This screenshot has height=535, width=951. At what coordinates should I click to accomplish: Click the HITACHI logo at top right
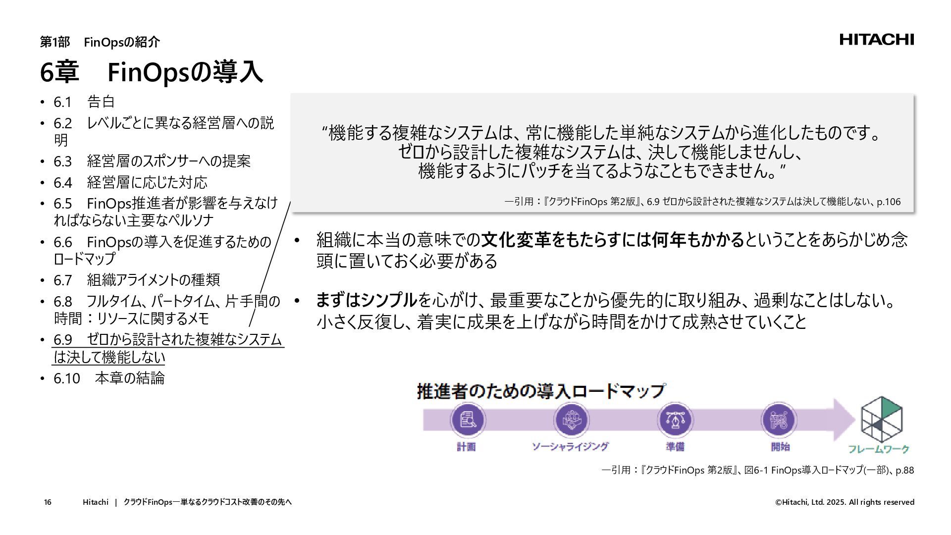click(876, 40)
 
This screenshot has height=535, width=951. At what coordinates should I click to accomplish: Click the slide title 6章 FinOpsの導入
click(151, 72)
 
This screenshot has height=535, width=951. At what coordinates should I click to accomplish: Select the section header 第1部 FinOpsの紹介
click(100, 42)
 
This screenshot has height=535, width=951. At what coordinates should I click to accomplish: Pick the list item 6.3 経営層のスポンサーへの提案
click(152, 161)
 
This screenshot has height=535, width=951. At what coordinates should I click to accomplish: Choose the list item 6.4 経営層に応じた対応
click(130, 182)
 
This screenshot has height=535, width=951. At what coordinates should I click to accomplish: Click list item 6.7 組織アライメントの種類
click(137, 280)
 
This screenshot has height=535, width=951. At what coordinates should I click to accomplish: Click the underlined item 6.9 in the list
click(167, 348)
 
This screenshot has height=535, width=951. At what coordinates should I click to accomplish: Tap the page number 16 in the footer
click(48, 502)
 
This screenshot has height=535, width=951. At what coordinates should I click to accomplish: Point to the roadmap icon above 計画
click(467, 420)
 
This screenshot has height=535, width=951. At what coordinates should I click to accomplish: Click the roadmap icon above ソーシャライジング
click(571, 420)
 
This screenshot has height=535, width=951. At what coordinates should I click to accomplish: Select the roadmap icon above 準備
click(674, 420)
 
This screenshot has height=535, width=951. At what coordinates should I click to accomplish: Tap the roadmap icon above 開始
click(778, 420)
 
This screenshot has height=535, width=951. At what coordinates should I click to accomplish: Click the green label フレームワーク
click(878, 449)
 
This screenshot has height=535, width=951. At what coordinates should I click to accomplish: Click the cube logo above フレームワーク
click(881, 419)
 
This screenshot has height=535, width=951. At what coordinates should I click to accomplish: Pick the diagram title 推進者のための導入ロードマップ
click(540, 391)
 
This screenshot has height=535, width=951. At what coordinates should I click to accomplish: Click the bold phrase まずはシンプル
click(367, 300)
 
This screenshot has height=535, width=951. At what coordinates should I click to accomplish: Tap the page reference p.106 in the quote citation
click(889, 202)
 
